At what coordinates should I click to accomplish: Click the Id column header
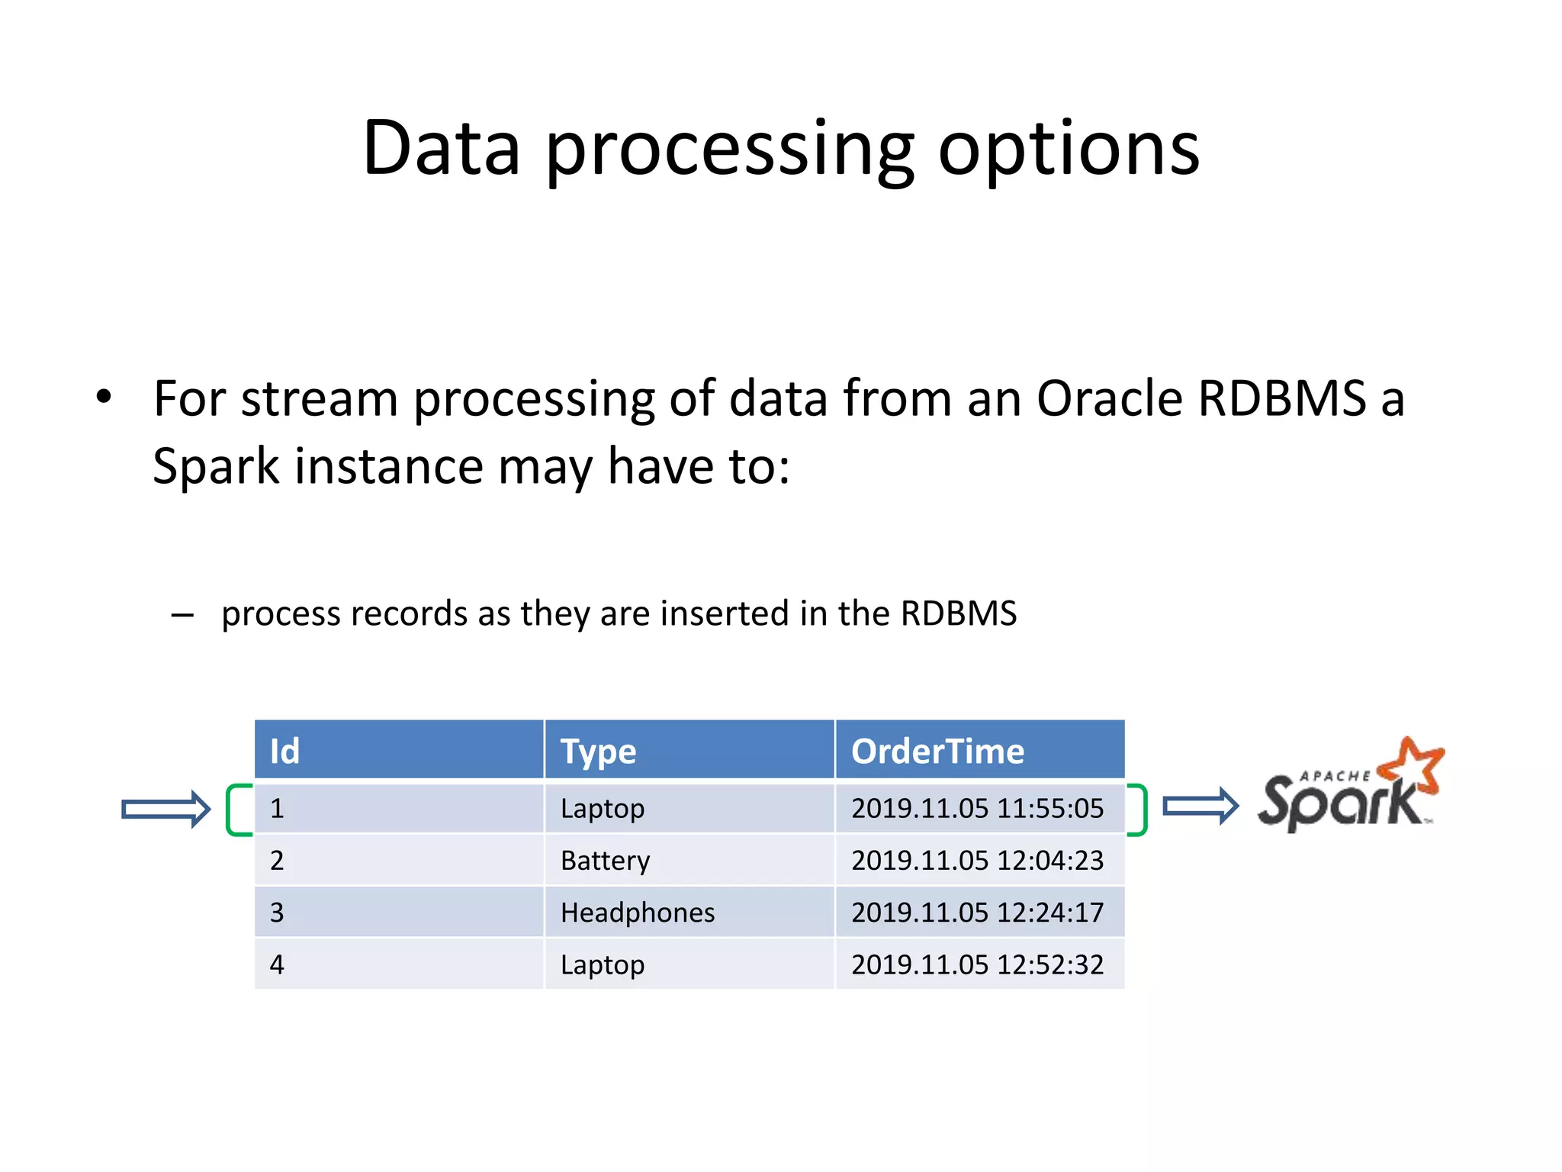click(284, 751)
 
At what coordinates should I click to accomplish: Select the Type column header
click(598, 752)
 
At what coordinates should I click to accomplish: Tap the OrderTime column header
click(937, 751)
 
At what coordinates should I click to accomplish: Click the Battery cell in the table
click(605, 861)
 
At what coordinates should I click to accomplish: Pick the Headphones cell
click(638, 913)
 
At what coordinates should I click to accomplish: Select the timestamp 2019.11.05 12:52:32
click(977, 964)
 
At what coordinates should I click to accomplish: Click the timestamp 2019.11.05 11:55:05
click(977, 808)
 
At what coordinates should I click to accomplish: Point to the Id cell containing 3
click(277, 913)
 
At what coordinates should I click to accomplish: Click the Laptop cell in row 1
click(603, 809)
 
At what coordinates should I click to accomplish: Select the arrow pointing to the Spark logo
click(1200, 806)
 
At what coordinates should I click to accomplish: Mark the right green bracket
click(1140, 810)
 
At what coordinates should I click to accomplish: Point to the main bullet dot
click(104, 397)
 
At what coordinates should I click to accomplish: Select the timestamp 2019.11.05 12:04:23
click(977, 861)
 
